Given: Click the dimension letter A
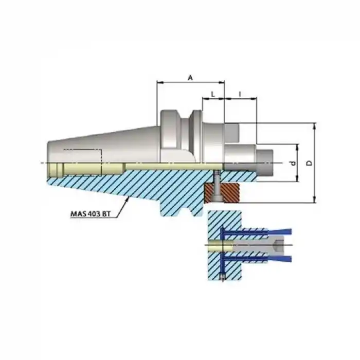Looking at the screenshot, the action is click(x=190, y=78).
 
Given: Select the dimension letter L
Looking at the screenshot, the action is click(x=213, y=94).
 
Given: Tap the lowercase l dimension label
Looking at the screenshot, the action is click(x=240, y=94).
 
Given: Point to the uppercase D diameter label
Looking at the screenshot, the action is click(x=310, y=163).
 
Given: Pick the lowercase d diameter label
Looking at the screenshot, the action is click(x=293, y=163).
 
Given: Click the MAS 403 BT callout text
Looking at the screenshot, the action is click(x=90, y=214).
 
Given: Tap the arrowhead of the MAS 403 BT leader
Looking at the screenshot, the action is click(x=127, y=199).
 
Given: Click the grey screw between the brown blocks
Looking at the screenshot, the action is click(x=217, y=186).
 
